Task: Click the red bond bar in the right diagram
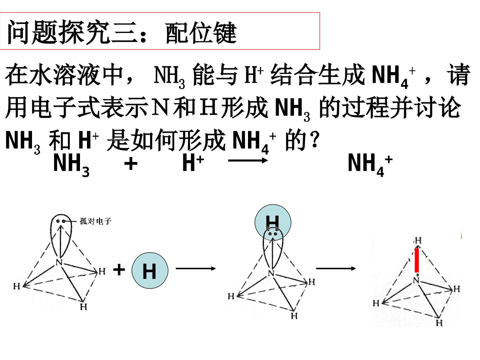[x=417, y=260]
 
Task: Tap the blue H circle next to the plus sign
[x=150, y=270]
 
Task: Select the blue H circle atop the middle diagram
[x=273, y=222]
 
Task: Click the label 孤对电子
[x=95, y=221]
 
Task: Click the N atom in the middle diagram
[x=271, y=273]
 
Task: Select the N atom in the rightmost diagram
[x=416, y=280]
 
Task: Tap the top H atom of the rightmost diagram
[x=418, y=241]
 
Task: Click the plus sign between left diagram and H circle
[x=119, y=270]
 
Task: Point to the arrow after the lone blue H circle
[x=196, y=268]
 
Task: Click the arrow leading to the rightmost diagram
[x=336, y=268]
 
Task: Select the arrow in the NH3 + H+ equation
[x=248, y=160]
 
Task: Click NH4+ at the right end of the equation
[x=370, y=165]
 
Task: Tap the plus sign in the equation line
[x=131, y=164]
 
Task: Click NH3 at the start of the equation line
[x=71, y=165]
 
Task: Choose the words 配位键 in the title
[x=201, y=33]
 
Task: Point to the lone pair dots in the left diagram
[x=61, y=221]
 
